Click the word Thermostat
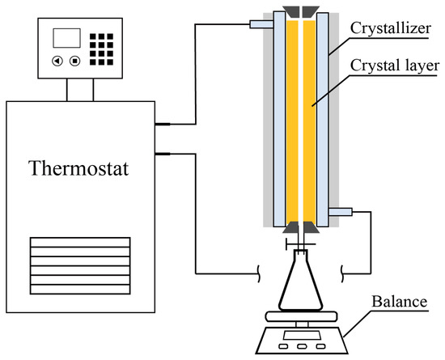coord(79,170)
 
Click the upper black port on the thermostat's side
coord(160,125)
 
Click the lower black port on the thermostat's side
coord(160,153)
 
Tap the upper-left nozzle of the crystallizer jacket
coord(257,27)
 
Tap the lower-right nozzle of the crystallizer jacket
coord(342,212)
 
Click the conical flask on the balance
coord(303,286)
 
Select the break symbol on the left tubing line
coord(258,269)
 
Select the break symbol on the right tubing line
coord(345,269)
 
